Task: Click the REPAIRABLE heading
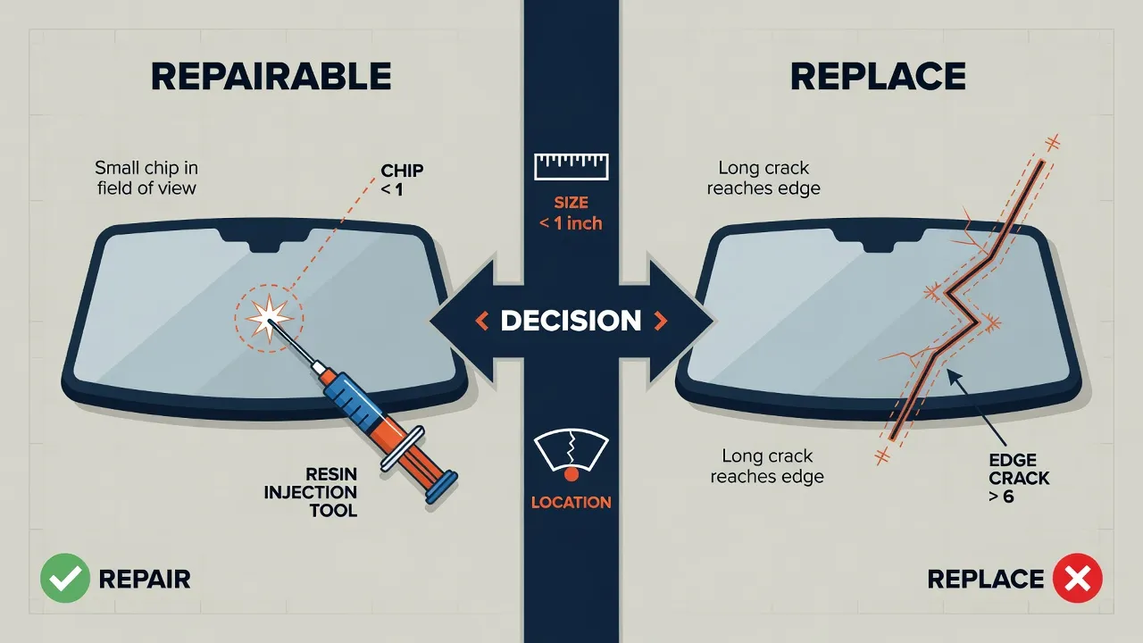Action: coord(271,77)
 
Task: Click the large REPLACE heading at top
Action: coord(878,77)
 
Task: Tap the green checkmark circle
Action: coord(65,578)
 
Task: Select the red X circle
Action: coord(1077,578)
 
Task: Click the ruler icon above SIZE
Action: coord(571,166)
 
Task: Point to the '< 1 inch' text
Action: coord(571,223)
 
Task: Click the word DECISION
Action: coord(571,321)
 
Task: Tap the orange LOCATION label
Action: coord(571,502)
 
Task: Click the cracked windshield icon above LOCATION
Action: coord(571,455)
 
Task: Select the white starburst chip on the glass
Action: coord(268,319)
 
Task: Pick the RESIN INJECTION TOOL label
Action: coord(310,492)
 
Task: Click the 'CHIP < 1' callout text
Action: coord(402,180)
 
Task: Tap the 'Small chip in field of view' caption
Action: coord(146,178)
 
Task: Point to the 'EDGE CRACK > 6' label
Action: coord(1019,478)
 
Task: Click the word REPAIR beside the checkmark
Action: coord(145,580)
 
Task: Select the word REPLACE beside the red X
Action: coord(985,580)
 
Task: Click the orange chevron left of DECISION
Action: coord(481,321)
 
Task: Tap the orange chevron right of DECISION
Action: coord(660,321)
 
